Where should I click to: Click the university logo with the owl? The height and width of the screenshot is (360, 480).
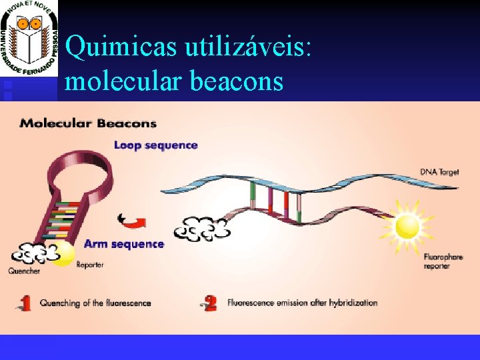click(x=29, y=39)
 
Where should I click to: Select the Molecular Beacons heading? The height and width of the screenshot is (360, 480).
click(x=88, y=123)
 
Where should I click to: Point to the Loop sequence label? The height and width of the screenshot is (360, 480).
click(x=156, y=145)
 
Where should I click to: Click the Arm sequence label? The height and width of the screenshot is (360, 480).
click(x=123, y=244)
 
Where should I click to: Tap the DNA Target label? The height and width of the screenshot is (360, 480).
click(x=439, y=172)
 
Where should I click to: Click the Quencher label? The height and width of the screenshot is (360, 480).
click(x=24, y=271)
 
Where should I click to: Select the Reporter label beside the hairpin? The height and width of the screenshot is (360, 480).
click(x=90, y=265)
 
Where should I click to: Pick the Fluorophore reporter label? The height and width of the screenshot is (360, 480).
click(x=437, y=261)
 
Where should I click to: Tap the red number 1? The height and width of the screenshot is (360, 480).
click(x=25, y=304)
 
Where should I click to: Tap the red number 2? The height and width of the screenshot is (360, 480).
click(x=211, y=304)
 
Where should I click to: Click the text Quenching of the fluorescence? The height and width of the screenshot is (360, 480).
click(x=95, y=303)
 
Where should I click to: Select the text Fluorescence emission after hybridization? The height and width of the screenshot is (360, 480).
click(x=303, y=303)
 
